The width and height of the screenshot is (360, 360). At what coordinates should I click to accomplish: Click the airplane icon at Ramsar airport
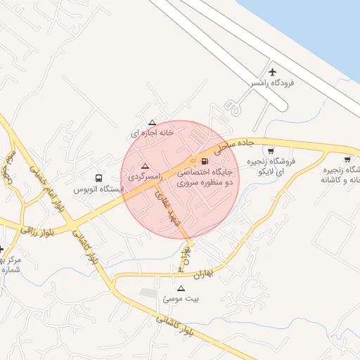click(x=273, y=72)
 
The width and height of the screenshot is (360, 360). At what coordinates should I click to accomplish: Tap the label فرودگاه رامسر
click(x=272, y=83)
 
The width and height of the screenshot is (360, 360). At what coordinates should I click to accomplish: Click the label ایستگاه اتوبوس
click(x=98, y=190)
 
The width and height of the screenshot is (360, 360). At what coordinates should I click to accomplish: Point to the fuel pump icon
click(x=205, y=161)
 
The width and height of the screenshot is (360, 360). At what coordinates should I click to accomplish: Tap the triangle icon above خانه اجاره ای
click(x=152, y=122)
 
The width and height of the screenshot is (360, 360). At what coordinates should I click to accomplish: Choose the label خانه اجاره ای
click(x=152, y=132)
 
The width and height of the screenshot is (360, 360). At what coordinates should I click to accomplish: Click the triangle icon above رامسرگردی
click(x=146, y=165)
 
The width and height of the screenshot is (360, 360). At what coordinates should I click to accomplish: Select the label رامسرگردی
click(x=145, y=176)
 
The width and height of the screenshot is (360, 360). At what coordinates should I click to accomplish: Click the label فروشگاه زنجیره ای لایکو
click(x=274, y=166)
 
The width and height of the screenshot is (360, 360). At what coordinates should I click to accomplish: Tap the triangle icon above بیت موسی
click(x=181, y=288)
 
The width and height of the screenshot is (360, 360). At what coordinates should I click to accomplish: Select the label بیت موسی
click(x=181, y=299)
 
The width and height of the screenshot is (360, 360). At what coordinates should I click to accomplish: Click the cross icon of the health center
click(x=2, y=249)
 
